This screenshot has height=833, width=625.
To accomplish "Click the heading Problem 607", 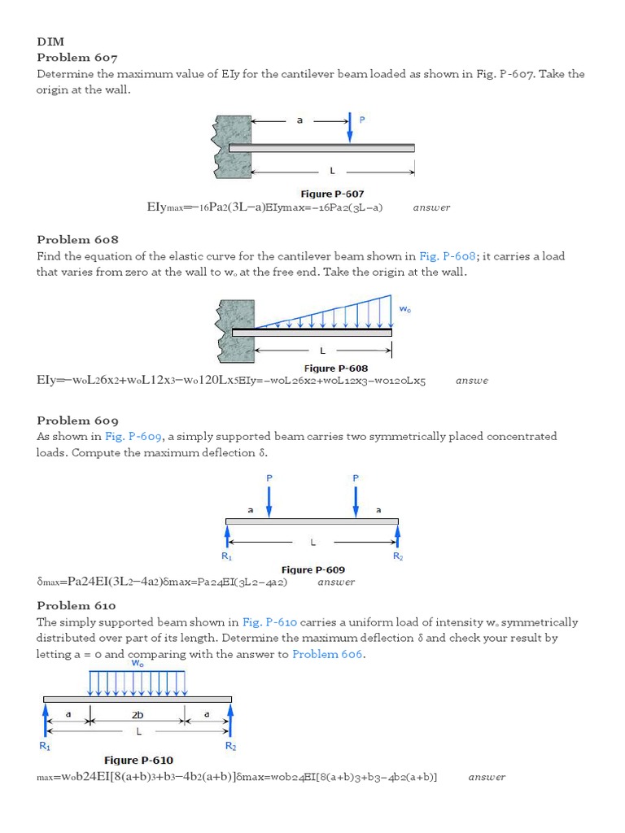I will tap(77, 58).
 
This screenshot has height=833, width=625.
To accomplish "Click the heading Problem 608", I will tap(77, 239).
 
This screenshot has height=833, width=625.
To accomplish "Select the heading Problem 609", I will tap(77, 421).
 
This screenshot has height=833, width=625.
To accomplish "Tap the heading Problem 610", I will tap(76, 605).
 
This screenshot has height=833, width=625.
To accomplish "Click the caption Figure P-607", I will tap(332, 194).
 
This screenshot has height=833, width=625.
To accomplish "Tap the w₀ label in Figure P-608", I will tap(404, 309).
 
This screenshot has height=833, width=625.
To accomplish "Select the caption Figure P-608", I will tap(335, 369).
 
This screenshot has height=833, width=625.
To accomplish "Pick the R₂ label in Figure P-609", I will tap(398, 556).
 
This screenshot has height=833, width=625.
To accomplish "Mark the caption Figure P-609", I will tap(313, 570).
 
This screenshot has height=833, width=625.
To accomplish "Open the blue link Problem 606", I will tap(328, 654).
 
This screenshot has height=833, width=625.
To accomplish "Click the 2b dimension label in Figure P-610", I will tap(138, 715).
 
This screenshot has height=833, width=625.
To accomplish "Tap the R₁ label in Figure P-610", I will tap(45, 745).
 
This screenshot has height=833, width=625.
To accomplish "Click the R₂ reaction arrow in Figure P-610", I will tap(230, 720).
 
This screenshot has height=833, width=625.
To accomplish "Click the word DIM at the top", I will tap(50, 41).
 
